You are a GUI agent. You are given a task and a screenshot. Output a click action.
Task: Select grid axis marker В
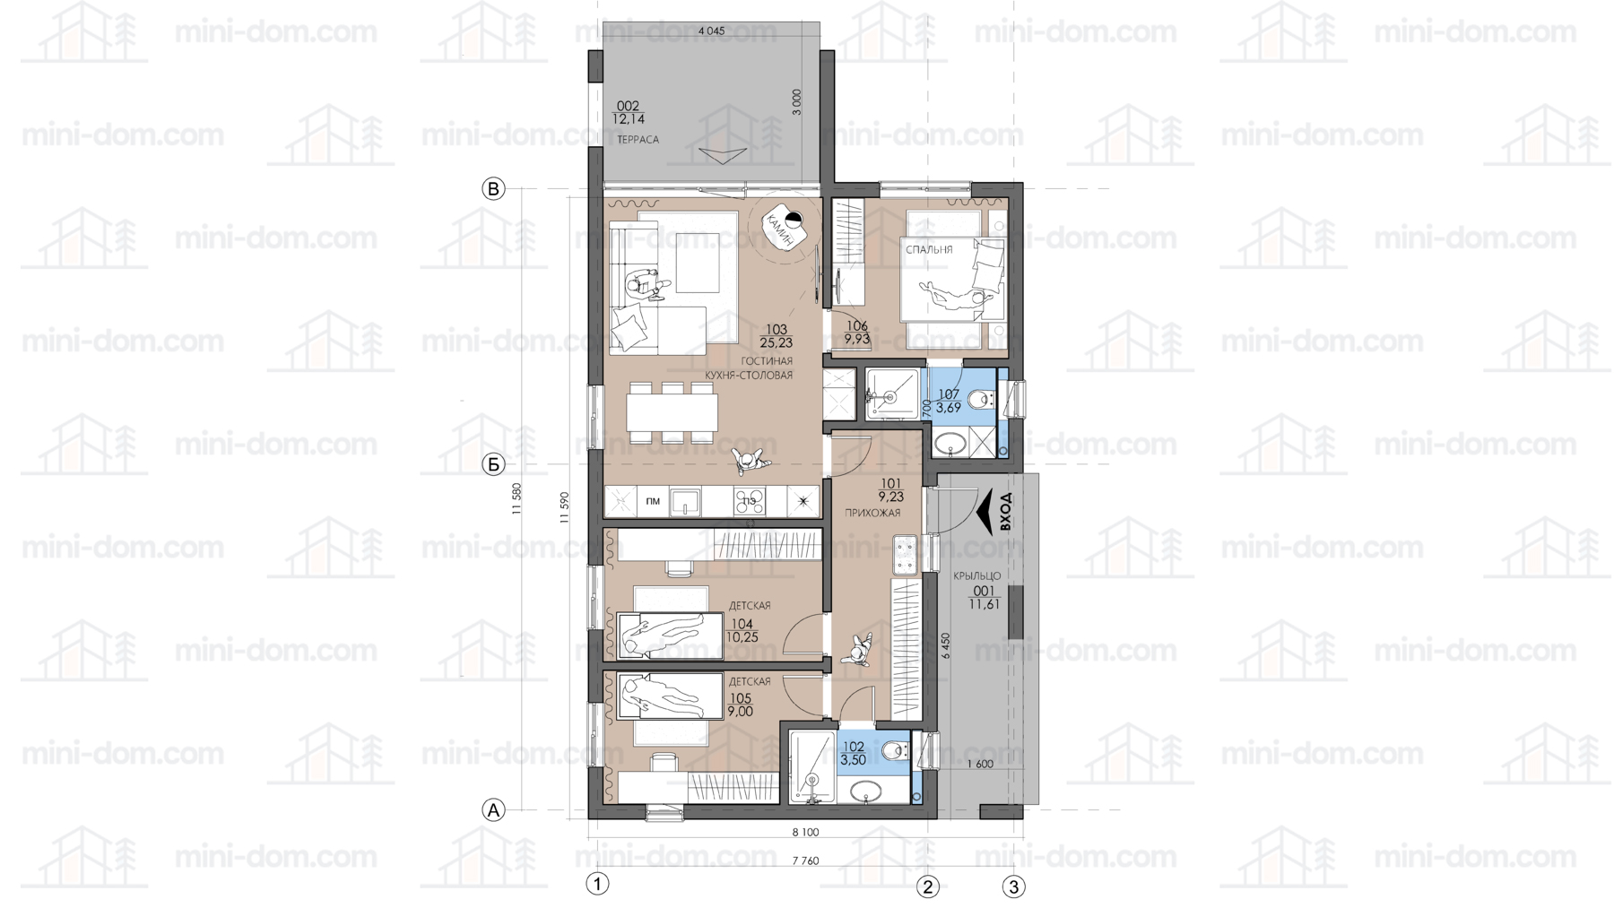[x=493, y=189]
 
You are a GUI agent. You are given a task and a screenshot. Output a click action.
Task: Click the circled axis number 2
[x=927, y=886]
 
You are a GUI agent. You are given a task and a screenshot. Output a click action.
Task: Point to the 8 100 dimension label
[x=805, y=833]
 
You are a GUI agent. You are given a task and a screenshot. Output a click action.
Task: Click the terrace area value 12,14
[x=629, y=119]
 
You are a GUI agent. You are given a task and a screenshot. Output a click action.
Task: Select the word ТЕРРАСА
[x=638, y=140]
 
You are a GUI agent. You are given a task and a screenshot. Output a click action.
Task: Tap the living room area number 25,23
[x=776, y=342]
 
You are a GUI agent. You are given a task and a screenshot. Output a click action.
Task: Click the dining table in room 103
[x=672, y=413]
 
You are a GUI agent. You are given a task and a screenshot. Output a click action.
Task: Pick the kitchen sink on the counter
[x=685, y=502]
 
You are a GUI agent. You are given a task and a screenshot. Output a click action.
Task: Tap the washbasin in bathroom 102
[x=865, y=791]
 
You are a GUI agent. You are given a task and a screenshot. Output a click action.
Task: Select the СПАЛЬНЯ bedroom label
[x=929, y=250]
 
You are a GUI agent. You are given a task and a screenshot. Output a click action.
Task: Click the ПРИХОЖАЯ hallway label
[x=872, y=513]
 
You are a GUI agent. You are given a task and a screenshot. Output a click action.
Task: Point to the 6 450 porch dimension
[x=946, y=646]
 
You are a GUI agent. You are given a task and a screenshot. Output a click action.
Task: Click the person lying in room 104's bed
[x=664, y=633]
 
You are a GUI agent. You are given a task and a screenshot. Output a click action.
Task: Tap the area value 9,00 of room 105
[x=741, y=712]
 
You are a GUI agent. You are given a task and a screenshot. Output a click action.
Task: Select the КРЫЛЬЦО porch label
[x=977, y=576]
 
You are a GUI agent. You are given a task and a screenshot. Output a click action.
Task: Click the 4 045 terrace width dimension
[x=711, y=31]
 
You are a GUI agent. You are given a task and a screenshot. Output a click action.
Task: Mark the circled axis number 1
[x=597, y=884]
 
